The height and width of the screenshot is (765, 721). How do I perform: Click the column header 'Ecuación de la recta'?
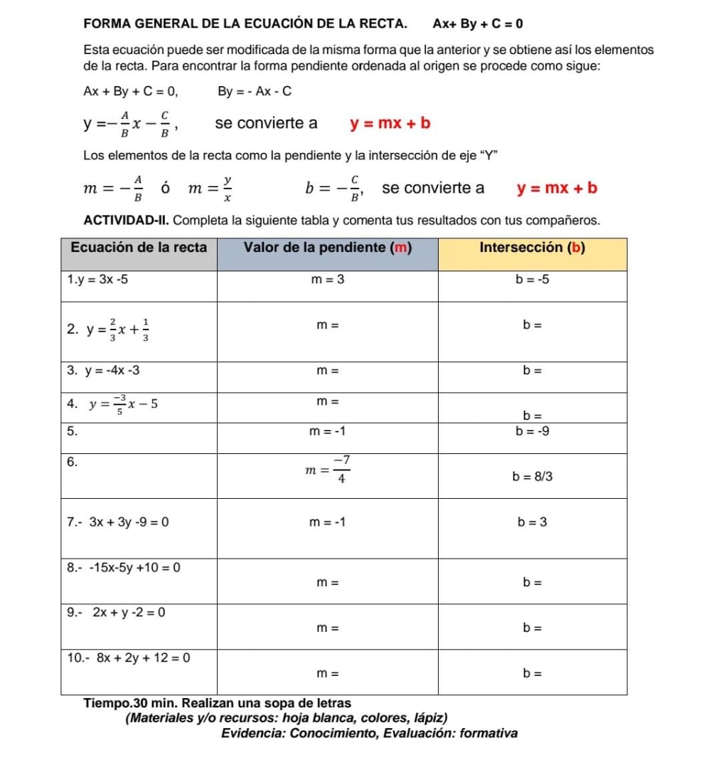click(139, 248)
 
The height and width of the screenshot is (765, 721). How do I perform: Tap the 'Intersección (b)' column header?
click(533, 248)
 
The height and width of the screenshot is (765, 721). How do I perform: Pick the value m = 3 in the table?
click(328, 280)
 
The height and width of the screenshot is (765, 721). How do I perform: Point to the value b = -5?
click(533, 280)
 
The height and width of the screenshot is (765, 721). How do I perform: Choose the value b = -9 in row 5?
click(533, 431)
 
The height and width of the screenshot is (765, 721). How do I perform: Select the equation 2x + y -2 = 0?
click(127, 613)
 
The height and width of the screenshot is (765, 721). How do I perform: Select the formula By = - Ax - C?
click(254, 91)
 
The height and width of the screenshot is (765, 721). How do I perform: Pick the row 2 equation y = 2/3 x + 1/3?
click(114, 327)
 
